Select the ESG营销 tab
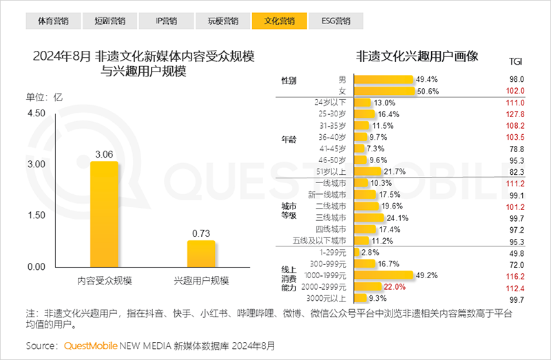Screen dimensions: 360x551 335,21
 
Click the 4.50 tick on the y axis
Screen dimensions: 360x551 36,113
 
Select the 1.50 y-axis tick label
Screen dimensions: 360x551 36,215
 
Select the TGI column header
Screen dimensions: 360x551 514,61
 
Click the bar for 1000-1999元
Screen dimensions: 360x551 382,275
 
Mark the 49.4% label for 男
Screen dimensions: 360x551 427,79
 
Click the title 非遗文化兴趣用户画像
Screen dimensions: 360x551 417,56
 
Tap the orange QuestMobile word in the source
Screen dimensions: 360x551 90,344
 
